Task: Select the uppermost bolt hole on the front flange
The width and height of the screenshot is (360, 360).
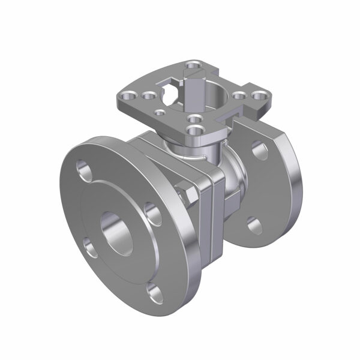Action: click(x=84, y=170)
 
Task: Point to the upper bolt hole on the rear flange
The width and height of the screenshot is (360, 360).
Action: click(x=260, y=150)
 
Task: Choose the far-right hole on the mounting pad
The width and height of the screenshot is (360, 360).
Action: click(x=257, y=95)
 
